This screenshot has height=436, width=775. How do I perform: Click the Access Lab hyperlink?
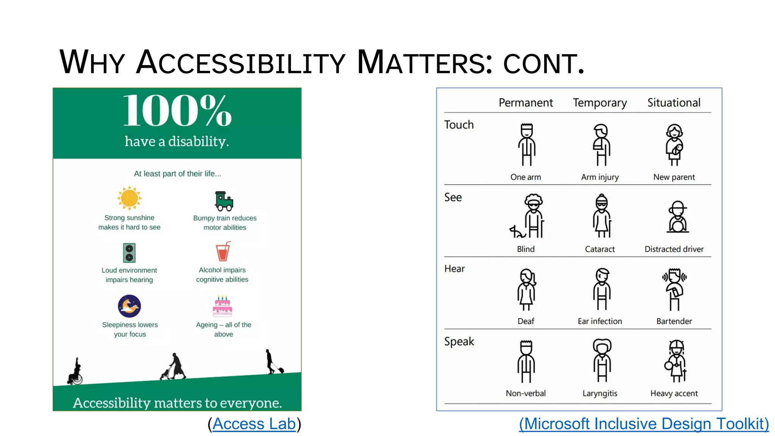click(254, 424)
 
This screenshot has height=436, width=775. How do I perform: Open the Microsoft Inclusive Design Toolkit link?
click(644, 424)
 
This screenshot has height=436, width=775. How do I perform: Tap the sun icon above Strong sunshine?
click(129, 198)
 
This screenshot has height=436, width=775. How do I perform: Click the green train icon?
click(224, 201)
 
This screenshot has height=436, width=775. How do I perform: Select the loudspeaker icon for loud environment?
click(129, 253)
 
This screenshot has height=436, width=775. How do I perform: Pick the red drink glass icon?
click(223, 252)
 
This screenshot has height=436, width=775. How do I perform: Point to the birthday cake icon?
click(223, 306)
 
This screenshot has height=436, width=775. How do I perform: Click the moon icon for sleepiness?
click(129, 306)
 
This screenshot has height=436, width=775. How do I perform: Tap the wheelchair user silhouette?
click(75, 372)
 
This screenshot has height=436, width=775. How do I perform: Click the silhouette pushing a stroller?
click(174, 367)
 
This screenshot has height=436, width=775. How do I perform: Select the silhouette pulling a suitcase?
click(273, 362)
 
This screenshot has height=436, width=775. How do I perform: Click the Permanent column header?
click(526, 103)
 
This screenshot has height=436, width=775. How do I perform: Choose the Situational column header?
click(674, 103)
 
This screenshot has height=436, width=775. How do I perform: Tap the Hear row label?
click(454, 269)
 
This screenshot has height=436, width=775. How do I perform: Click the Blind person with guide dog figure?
click(528, 216)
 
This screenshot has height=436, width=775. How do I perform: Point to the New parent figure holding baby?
click(674, 145)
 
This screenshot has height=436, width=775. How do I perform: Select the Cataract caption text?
click(600, 249)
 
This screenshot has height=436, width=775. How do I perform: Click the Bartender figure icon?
click(674, 290)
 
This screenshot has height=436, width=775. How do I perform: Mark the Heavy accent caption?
click(674, 393)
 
